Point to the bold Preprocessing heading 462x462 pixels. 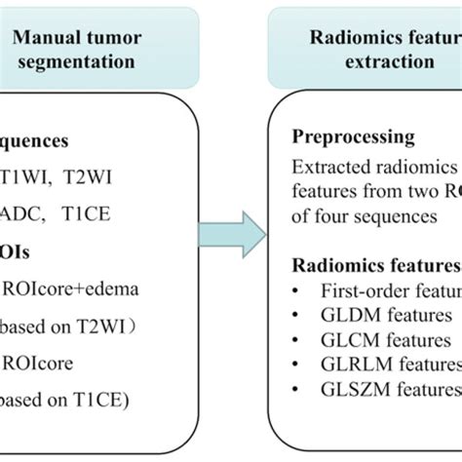pyautogui.click(x=352, y=137)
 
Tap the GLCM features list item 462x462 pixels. pyautogui.click(x=386, y=340)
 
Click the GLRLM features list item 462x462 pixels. pyautogui.click(x=390, y=366)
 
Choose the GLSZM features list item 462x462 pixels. pyautogui.click(x=390, y=391)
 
